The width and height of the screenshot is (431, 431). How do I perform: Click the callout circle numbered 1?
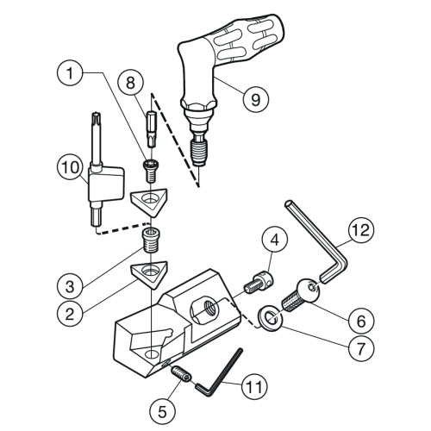coord(70,72)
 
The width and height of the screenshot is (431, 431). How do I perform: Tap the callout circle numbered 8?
coord(130,83)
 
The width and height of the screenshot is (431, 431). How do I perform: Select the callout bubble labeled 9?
coord(256,99)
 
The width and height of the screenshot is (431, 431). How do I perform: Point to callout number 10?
coord(71,167)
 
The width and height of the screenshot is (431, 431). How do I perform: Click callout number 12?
coord(361,230)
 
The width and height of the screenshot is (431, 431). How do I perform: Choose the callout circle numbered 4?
coord(275,240)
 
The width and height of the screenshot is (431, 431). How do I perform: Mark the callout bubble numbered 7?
coord(361,348)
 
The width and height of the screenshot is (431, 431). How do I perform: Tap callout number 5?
coord(162,411)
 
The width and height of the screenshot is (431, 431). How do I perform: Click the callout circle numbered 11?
coord(255,386)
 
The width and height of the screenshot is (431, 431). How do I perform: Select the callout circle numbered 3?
coord(70,286)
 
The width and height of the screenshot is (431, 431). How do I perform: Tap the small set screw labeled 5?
coord(182,373)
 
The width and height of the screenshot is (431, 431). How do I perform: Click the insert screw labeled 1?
coord(152,171)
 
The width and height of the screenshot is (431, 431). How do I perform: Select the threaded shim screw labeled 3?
coord(151,240)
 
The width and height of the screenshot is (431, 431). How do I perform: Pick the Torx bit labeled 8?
coord(152,129)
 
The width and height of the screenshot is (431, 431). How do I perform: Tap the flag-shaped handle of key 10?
coord(106,184)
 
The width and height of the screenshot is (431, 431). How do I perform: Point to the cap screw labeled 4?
coord(259,283)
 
